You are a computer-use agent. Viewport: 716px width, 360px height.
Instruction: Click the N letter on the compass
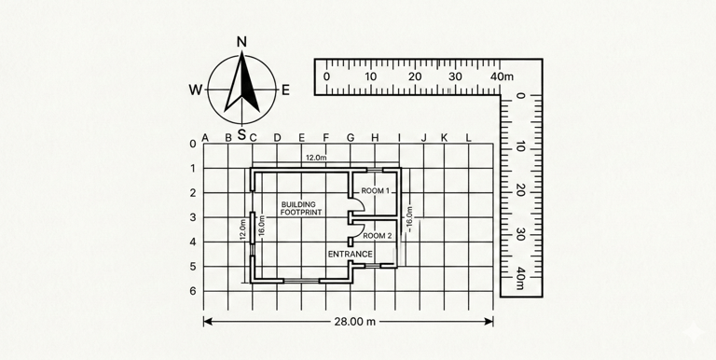(x=242, y=42)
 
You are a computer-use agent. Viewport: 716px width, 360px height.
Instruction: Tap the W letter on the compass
(x=196, y=90)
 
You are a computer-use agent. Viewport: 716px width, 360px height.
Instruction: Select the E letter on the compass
(x=285, y=90)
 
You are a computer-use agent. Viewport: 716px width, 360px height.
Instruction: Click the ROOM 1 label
(x=376, y=191)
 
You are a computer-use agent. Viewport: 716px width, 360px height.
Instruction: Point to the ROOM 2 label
(x=378, y=236)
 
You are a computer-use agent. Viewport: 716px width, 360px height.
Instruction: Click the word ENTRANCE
(x=351, y=254)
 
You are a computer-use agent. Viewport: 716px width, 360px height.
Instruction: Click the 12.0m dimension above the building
(x=316, y=158)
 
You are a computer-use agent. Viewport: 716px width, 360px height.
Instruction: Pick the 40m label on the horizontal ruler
(x=502, y=76)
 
